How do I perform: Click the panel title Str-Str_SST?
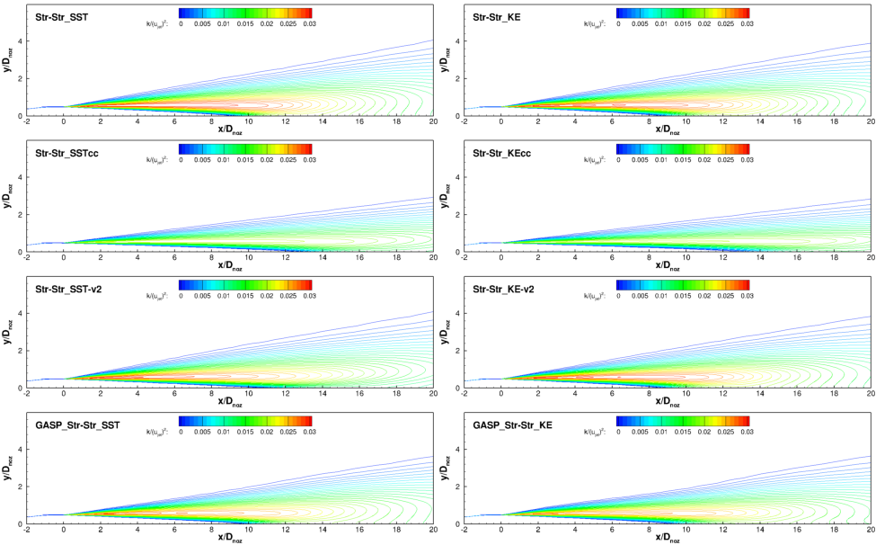pos(56,15)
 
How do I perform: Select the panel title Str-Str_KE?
pos(499,15)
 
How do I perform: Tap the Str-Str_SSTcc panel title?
pos(61,151)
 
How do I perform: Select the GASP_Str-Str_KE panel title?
pos(515,423)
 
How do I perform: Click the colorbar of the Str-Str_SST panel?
pos(245,13)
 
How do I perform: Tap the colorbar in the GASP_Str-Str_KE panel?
pos(683,420)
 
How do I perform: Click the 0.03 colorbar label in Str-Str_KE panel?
pos(746,24)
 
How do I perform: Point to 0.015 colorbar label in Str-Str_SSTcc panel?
pos(244,160)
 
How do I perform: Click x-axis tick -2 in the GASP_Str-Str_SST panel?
pos(27,530)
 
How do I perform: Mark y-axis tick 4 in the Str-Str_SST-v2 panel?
pos(20,314)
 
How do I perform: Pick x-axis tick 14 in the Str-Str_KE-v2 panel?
pos(760,394)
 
